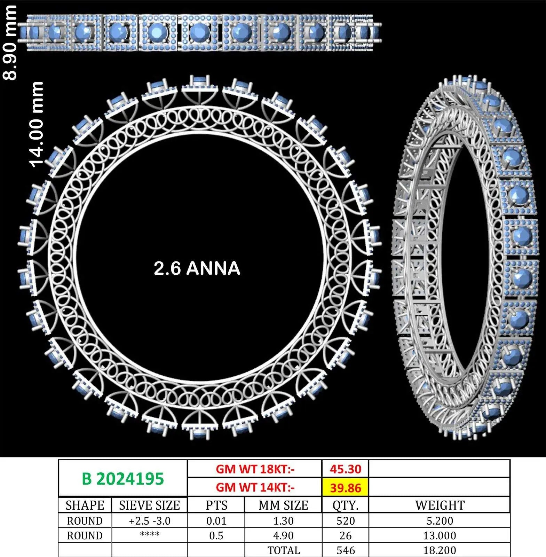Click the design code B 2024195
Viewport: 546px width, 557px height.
[x=122, y=479]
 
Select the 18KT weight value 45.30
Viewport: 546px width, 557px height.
[x=345, y=469]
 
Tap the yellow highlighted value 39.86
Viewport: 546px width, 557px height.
[x=345, y=487]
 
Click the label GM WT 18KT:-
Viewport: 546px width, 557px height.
[x=255, y=469]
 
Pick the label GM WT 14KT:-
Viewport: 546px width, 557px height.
[x=255, y=487]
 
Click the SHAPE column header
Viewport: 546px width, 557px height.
[x=85, y=505]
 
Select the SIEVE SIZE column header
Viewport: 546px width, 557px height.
[x=150, y=505]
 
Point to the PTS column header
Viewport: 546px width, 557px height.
[x=216, y=505]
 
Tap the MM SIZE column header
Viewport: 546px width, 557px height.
[x=283, y=505]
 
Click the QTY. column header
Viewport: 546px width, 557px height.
[x=345, y=505]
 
